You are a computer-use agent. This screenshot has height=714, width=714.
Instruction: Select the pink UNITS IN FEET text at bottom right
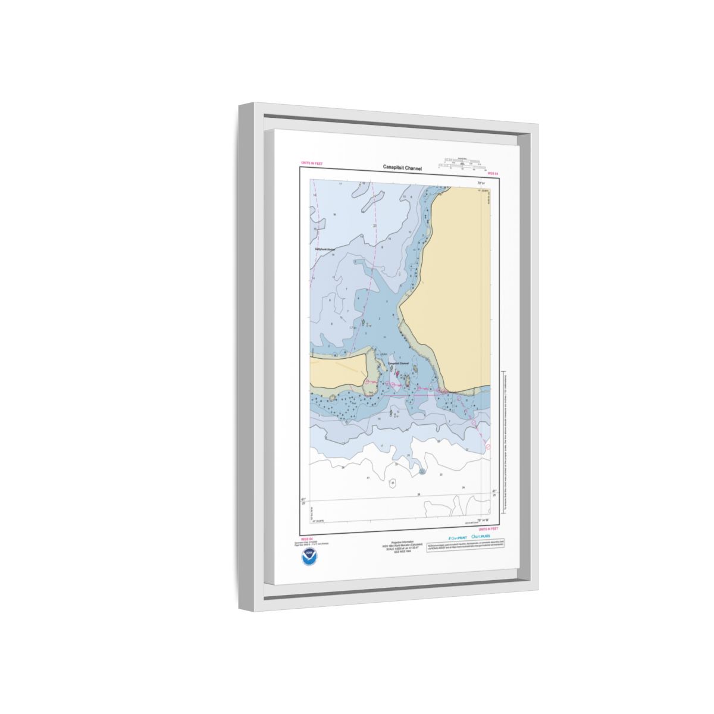pos(487,528)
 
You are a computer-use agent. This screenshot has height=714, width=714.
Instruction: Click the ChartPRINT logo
pos(458,537)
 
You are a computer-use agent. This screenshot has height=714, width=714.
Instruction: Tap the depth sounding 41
pos(368,478)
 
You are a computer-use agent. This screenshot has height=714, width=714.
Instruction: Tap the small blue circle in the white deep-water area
pos(422,471)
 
